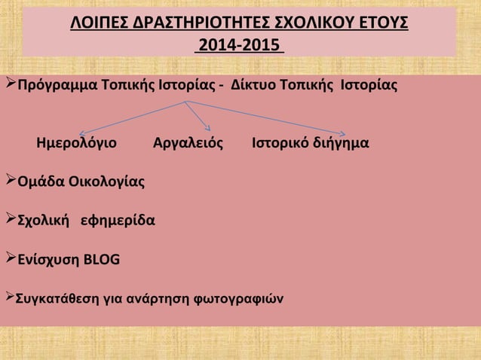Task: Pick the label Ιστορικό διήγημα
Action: tap(311, 142)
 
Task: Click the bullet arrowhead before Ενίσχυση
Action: tap(9, 260)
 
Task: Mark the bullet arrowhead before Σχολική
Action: tap(9, 220)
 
